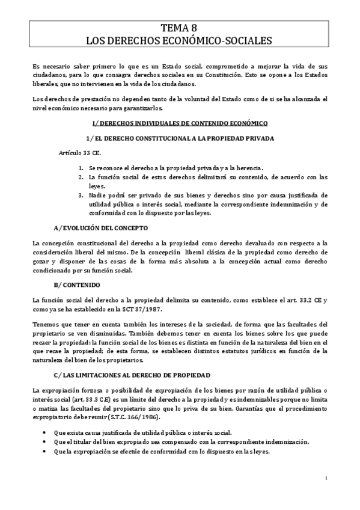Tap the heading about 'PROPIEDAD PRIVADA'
tap(179, 138)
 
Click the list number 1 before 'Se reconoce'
tap(81, 168)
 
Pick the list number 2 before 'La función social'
tap(81, 177)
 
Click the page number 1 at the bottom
tap(325, 479)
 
